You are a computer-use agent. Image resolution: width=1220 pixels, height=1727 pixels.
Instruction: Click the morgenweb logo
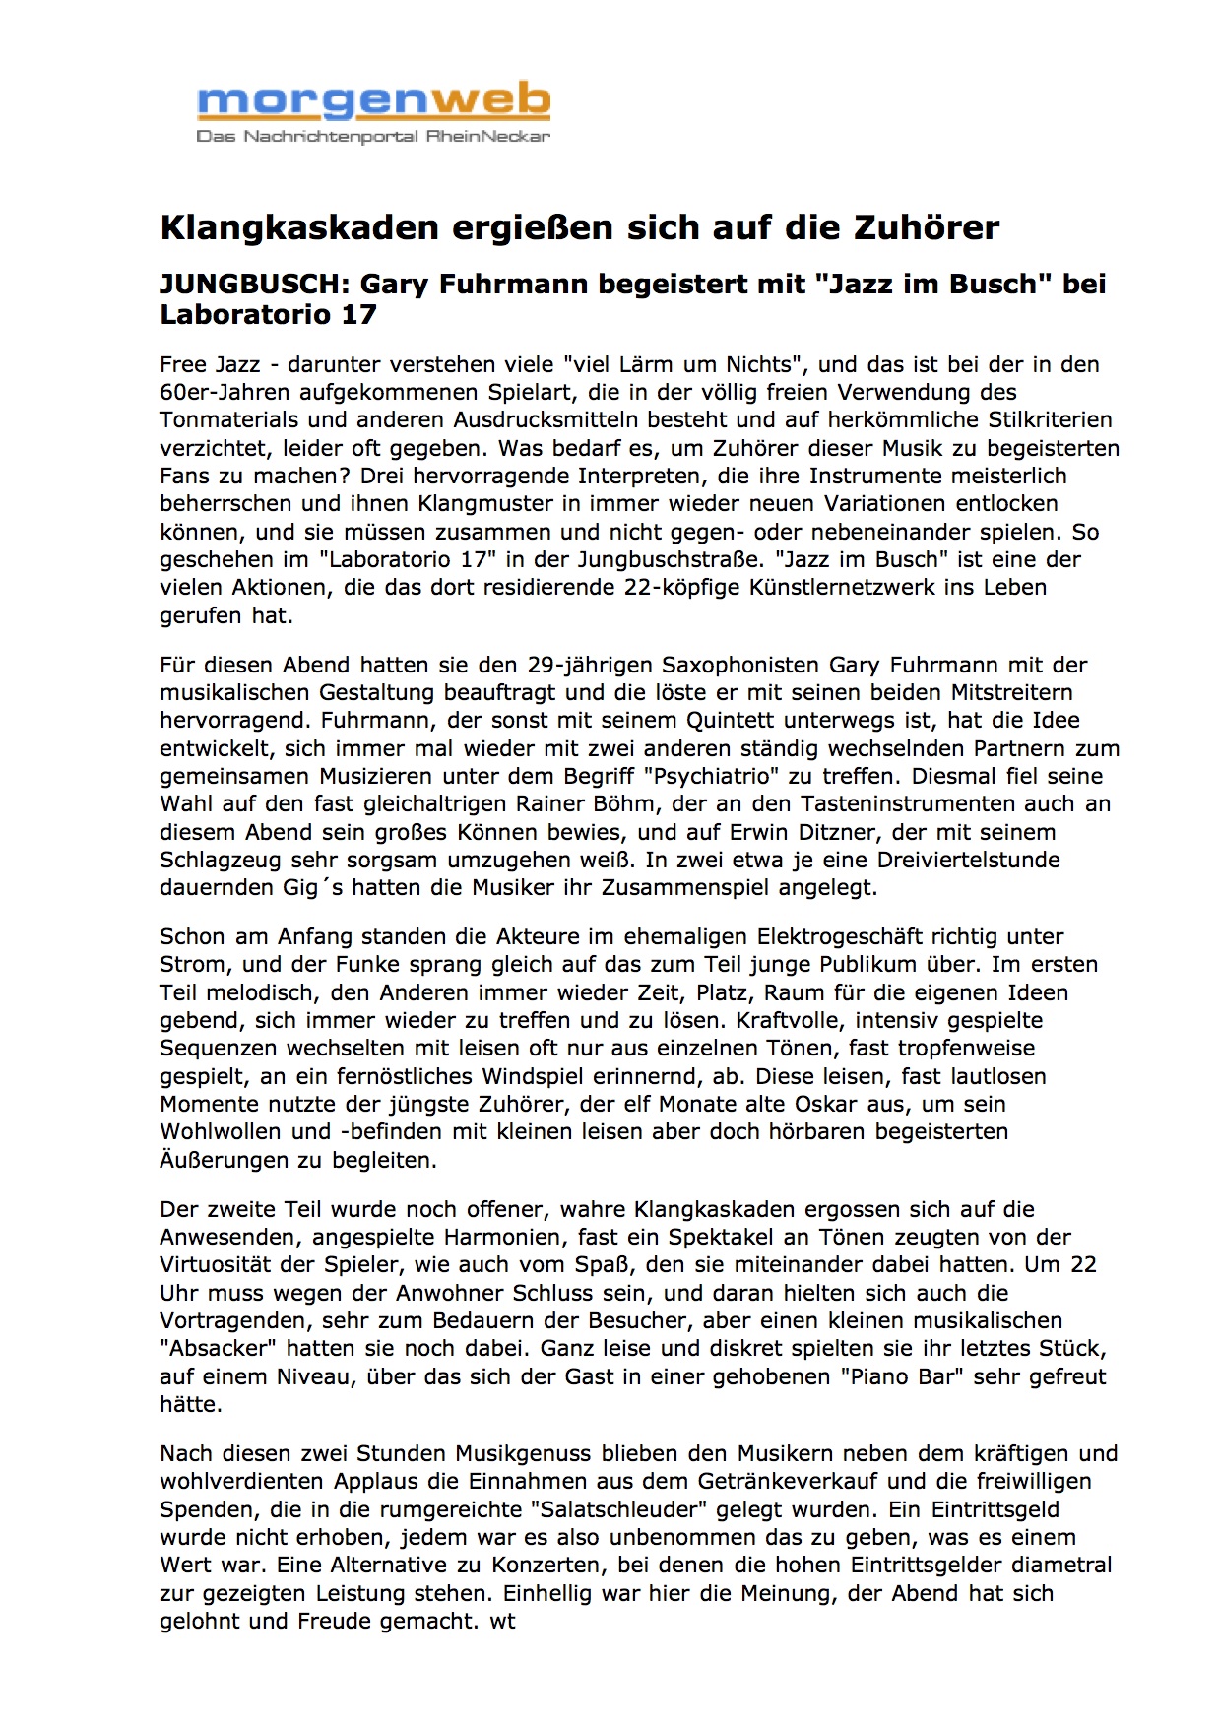pos(373,102)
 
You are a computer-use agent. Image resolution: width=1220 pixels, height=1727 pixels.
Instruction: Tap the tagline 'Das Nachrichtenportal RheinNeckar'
pos(373,136)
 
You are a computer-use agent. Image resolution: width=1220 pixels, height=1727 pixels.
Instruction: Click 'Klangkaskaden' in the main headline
pos(299,227)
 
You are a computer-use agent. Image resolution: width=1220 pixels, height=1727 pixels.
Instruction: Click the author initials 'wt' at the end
pos(502,1621)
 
